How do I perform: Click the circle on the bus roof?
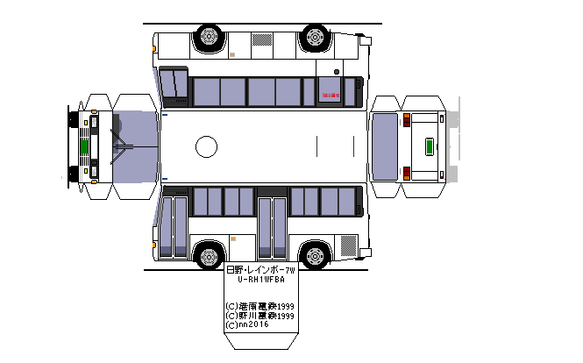click(206, 146)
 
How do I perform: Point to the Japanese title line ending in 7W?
click(261, 271)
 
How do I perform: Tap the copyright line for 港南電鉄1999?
click(260, 306)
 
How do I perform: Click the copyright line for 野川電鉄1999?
click(260, 316)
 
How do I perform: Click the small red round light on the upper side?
click(337, 71)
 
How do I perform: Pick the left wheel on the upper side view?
click(208, 37)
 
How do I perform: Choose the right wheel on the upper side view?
click(315, 37)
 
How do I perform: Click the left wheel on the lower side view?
click(208, 257)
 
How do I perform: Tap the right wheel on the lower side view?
click(315, 257)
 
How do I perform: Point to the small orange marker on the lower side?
click(232, 238)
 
